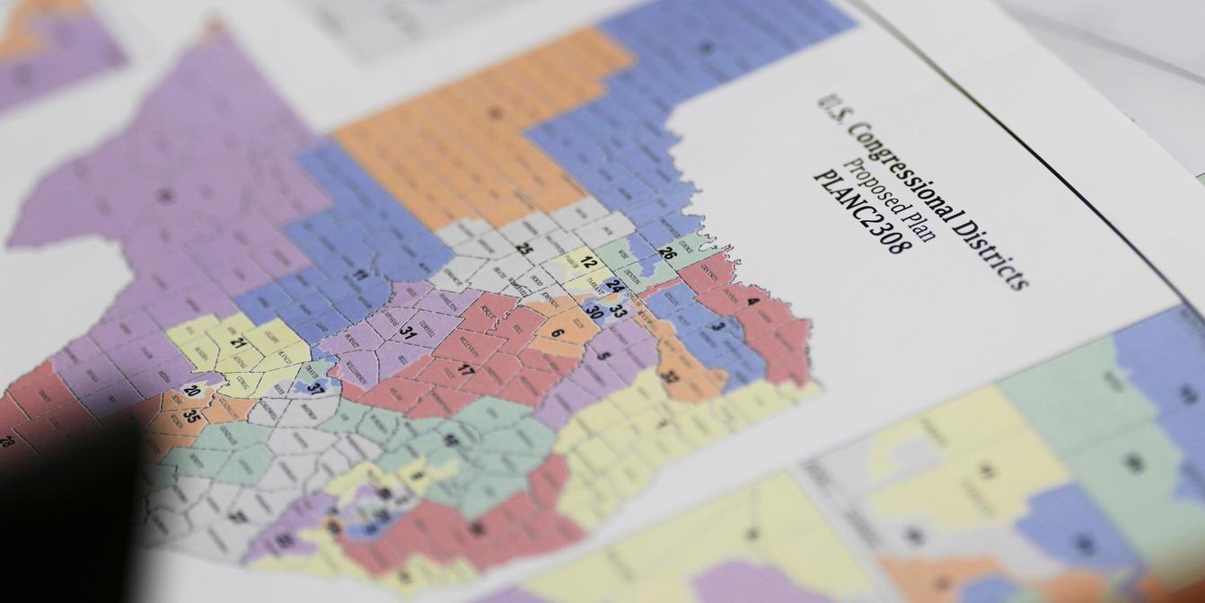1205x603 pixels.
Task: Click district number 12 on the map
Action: [588, 263]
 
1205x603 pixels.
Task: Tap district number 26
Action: [667, 253]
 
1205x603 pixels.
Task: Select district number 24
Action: [614, 285]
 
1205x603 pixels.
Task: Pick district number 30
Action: [594, 313]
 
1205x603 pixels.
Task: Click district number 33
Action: [618, 312]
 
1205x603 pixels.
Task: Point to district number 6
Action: [558, 333]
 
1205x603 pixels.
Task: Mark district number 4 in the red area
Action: [752, 302]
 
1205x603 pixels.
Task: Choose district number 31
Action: [409, 332]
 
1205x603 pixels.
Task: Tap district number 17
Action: [466, 369]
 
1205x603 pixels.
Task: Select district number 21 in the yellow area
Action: [238, 342]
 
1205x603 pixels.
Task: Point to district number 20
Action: [191, 391]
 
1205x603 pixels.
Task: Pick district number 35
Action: [191, 416]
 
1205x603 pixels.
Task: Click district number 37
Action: [314, 388]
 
